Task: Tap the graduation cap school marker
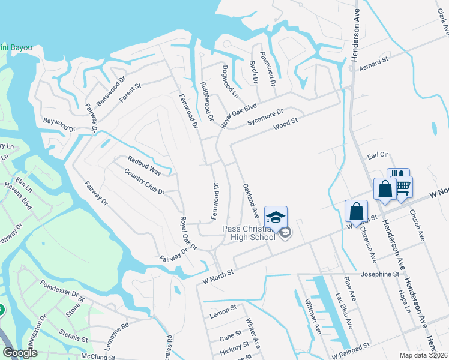click(276, 217)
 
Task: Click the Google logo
click(19, 353)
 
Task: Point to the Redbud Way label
click(144, 165)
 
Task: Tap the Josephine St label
click(379, 274)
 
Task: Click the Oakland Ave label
click(251, 200)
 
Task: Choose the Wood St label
click(285, 124)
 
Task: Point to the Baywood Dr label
click(58, 124)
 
